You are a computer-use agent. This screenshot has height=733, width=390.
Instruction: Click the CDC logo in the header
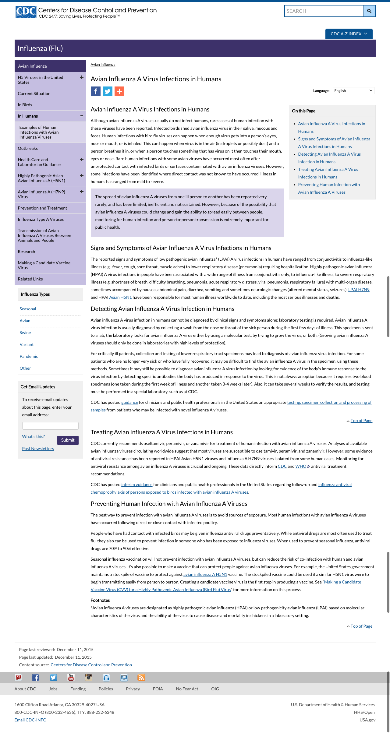coord(26,12)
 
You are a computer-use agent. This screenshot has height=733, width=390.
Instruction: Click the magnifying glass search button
coord(369,11)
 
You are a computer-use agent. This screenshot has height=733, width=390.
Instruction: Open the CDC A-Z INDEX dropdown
coord(349,34)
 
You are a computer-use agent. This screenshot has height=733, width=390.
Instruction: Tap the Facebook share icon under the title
coord(96,91)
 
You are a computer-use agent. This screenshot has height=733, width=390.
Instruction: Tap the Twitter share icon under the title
coord(108,91)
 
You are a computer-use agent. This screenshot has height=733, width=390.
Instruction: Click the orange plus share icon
coord(119,91)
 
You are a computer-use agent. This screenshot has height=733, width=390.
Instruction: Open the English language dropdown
coord(353,91)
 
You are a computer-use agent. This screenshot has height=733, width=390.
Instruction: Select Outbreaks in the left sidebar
coord(28,148)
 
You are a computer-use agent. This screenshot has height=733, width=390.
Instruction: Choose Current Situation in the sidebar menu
coord(34,93)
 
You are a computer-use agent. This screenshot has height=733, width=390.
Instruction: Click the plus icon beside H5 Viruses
coord(82,77)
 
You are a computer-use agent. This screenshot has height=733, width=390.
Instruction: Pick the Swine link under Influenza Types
coord(25,333)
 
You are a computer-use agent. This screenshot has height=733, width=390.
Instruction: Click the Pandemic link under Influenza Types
coord(29,356)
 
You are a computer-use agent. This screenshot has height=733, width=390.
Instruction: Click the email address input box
coord(50,426)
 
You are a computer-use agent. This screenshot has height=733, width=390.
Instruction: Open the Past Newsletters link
coord(38,449)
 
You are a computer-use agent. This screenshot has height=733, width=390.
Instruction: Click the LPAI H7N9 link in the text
coord(359,290)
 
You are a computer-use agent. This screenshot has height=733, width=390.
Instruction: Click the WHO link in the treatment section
coord(301,466)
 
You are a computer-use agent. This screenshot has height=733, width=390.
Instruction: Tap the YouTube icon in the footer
coord(71,678)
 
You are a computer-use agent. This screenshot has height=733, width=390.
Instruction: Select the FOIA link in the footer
coord(158,689)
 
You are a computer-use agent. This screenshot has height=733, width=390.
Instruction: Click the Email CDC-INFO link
coord(30,720)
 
